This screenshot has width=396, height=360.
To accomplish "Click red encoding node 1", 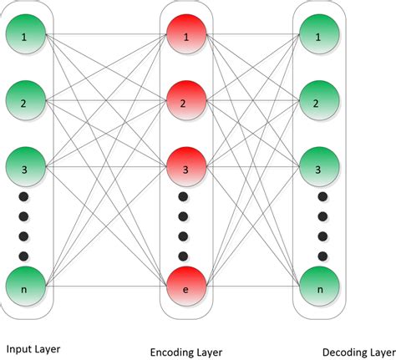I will [185, 38].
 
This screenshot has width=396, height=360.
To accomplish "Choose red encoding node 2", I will [185, 104].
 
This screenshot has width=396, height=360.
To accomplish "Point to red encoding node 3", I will [185, 170].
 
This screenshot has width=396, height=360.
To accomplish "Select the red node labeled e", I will [185, 287].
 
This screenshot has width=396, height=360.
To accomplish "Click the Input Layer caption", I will [33, 347].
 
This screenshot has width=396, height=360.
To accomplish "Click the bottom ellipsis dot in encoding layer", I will [185, 256].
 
